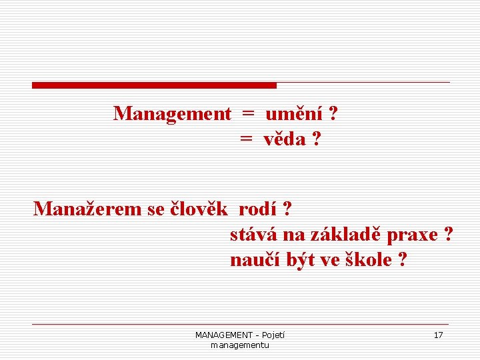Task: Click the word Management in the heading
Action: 172,114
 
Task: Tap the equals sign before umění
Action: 248,115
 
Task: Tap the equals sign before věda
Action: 246,141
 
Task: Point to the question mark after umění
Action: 333,114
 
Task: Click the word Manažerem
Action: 88,209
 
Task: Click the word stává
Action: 253,235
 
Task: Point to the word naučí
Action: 251,260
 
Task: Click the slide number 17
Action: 438,335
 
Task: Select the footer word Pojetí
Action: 273,335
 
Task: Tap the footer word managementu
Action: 239,345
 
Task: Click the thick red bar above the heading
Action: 154,85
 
